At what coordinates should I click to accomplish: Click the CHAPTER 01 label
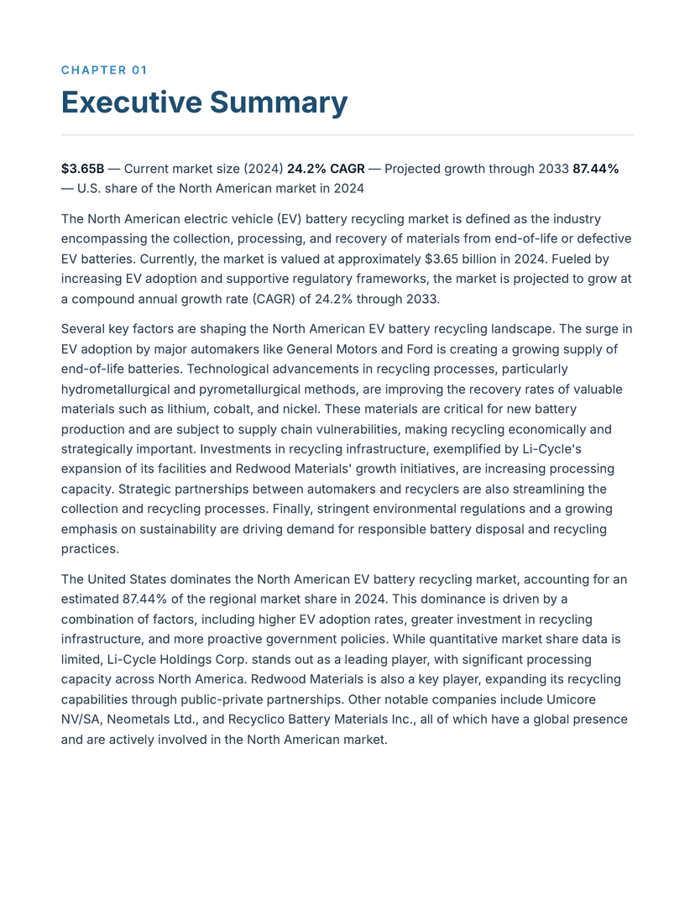pyautogui.click(x=104, y=71)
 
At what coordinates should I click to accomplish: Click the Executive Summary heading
pyautogui.click(x=204, y=102)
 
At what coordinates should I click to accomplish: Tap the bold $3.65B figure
pyautogui.click(x=82, y=169)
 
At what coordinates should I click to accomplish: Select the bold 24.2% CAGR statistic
pyautogui.click(x=326, y=169)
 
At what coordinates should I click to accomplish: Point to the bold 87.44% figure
pyautogui.click(x=595, y=169)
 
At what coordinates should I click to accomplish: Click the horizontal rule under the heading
pyautogui.click(x=347, y=134)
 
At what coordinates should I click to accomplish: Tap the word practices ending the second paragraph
pyautogui.click(x=88, y=549)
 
